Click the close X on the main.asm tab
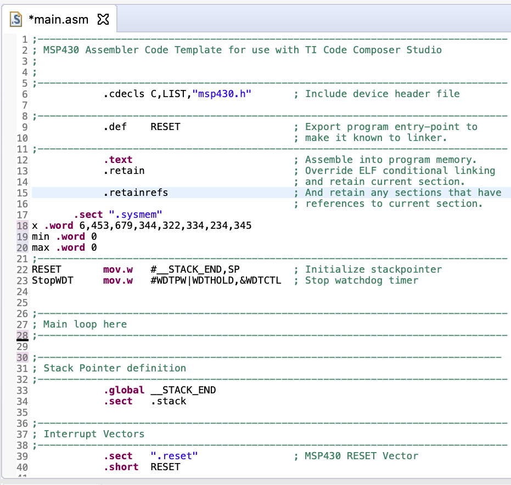pos(103,20)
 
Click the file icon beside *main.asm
pos(16,20)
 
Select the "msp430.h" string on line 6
pos(222,94)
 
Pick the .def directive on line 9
pos(115,127)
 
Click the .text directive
pos(118,160)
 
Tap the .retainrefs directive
pos(136,193)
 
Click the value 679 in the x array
pos(123,225)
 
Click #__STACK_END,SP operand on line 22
pos(195,269)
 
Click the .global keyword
pos(124,390)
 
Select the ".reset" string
pos(174,456)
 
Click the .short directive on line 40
pos(121,467)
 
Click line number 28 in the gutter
pos(22,335)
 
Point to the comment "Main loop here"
pos(85,324)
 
